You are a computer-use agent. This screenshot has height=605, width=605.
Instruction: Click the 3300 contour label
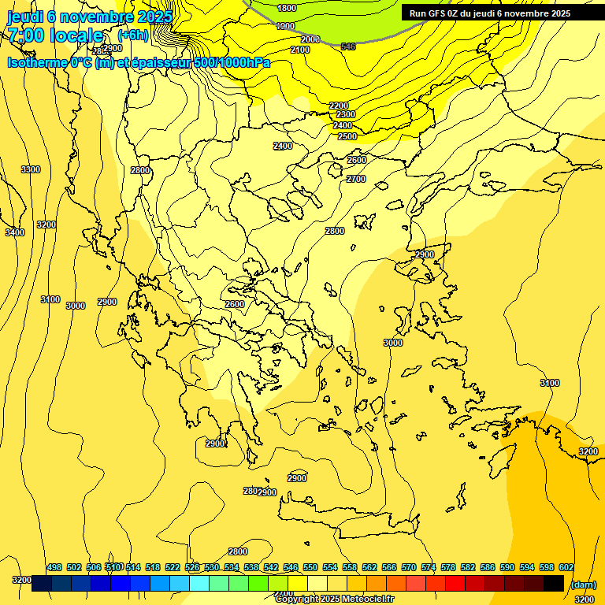pos(31,169)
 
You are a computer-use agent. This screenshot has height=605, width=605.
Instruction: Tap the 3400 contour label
pos(15,232)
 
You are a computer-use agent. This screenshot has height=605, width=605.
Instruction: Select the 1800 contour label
pos(288,8)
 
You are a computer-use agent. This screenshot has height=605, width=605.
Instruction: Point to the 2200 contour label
pos(339,106)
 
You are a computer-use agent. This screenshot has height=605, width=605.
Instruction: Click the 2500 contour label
pos(347,136)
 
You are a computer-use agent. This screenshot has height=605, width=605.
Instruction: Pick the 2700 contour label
pos(356,179)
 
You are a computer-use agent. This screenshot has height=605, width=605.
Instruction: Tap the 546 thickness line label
pos(348,47)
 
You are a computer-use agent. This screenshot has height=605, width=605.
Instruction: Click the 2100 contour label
pos(300,50)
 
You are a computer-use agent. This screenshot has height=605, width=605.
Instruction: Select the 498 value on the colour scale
pos(54,567)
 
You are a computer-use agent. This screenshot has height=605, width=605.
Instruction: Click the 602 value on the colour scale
pos(566,567)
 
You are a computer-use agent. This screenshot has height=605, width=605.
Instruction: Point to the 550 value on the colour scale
pos(310,567)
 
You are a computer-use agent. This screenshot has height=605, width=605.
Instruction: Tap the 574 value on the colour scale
pos(429,567)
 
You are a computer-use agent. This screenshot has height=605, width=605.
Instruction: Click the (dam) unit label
pos(584,585)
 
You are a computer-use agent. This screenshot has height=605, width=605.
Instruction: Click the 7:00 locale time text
pos(55,35)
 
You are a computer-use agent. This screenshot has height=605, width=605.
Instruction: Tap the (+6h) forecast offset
pos(132,35)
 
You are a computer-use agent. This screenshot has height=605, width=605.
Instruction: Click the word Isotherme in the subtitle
pos(36,62)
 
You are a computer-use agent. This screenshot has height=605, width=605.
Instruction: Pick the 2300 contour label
pos(346,115)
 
